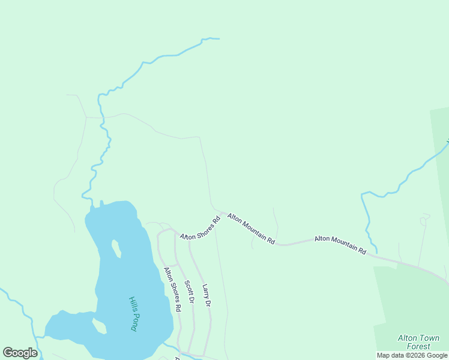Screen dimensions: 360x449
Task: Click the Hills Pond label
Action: [x=133, y=314]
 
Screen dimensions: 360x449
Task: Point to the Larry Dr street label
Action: [x=206, y=296]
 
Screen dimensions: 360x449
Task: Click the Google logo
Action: [x=20, y=353]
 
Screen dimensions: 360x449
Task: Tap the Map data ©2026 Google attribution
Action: [x=412, y=355]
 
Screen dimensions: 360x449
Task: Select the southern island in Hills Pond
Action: [x=99, y=326]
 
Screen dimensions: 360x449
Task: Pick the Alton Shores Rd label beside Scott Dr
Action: [x=172, y=289]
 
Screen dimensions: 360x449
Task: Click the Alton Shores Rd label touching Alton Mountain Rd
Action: [x=200, y=228]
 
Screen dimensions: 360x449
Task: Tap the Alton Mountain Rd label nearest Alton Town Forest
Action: [x=340, y=245]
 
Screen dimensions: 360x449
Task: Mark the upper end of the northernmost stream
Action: [x=218, y=39]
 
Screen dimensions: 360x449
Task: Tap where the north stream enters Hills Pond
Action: [x=91, y=207]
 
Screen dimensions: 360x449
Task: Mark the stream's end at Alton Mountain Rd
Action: [x=376, y=252]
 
